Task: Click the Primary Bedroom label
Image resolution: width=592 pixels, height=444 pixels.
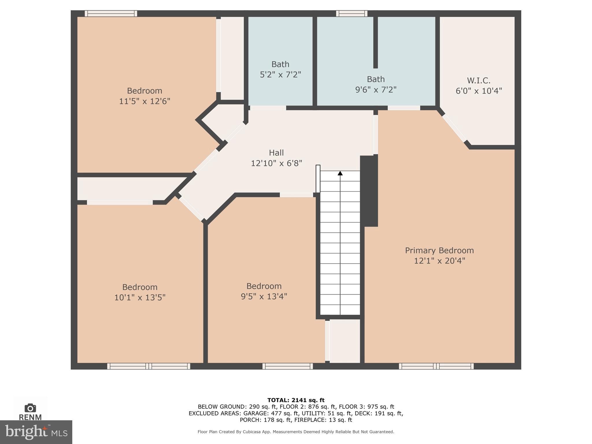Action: point(439,251)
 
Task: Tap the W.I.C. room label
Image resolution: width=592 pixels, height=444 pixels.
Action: point(479,80)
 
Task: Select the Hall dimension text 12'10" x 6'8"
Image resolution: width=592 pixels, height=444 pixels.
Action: point(276,163)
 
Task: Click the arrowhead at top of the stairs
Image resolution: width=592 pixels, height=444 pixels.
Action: point(340,173)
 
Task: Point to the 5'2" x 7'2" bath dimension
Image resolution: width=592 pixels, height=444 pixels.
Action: point(280,75)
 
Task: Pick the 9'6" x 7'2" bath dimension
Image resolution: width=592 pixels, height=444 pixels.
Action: point(375,90)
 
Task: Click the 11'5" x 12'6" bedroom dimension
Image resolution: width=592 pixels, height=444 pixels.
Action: point(145,101)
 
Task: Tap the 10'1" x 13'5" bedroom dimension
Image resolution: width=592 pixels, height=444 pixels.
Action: point(140,297)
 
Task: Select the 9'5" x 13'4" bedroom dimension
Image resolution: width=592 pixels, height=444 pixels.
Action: point(264,296)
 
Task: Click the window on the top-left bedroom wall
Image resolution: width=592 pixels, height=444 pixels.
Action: point(111,14)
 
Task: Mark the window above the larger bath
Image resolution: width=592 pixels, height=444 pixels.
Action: point(351,14)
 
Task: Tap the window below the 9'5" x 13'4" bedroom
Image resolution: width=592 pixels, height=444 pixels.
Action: point(288,366)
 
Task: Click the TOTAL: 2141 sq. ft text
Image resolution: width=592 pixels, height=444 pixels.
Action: point(296,400)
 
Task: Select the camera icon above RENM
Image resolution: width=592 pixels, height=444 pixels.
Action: point(30,408)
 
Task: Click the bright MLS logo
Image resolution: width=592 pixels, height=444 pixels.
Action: point(36,432)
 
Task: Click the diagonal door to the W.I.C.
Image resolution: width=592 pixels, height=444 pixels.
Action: point(454,128)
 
